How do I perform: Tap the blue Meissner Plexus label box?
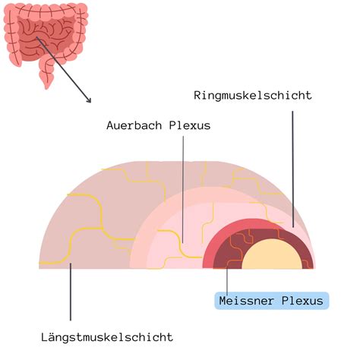pos(271,301)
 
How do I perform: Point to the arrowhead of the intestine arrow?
pos(89,100)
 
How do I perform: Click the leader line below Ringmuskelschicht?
pos(293,167)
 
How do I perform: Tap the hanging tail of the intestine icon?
pos(48,76)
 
